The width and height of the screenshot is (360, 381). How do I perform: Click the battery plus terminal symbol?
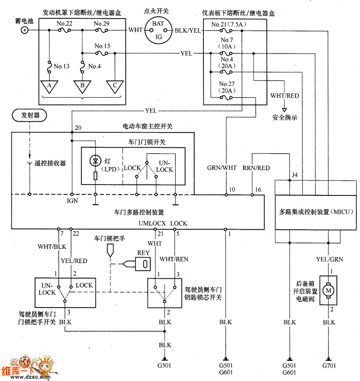click(24, 30)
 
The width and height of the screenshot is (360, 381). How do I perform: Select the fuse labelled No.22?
click(64, 30)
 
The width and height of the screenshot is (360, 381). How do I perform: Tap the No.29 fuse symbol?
click(102, 30)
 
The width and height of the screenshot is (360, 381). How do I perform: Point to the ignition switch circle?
click(158, 30)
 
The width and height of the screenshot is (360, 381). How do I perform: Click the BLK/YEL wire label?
click(188, 31)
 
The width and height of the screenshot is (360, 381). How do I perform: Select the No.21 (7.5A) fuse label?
click(229, 24)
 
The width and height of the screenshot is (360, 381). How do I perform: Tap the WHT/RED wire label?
click(284, 96)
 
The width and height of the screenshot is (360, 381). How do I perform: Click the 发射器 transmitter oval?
click(29, 115)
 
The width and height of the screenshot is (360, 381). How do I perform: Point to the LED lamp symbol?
click(95, 161)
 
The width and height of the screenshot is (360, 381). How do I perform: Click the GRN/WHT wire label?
click(222, 168)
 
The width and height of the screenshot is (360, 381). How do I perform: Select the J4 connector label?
click(295, 175)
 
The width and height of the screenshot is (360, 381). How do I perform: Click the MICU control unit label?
click(316, 212)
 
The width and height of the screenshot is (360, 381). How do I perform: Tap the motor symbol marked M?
click(328, 290)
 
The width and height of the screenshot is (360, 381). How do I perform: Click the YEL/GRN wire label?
click(329, 259)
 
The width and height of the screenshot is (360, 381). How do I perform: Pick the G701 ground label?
click(329, 365)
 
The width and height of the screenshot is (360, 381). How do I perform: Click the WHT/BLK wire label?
click(52, 247)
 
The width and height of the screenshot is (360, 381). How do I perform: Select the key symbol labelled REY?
click(143, 264)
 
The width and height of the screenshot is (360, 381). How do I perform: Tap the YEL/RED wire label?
click(74, 261)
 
